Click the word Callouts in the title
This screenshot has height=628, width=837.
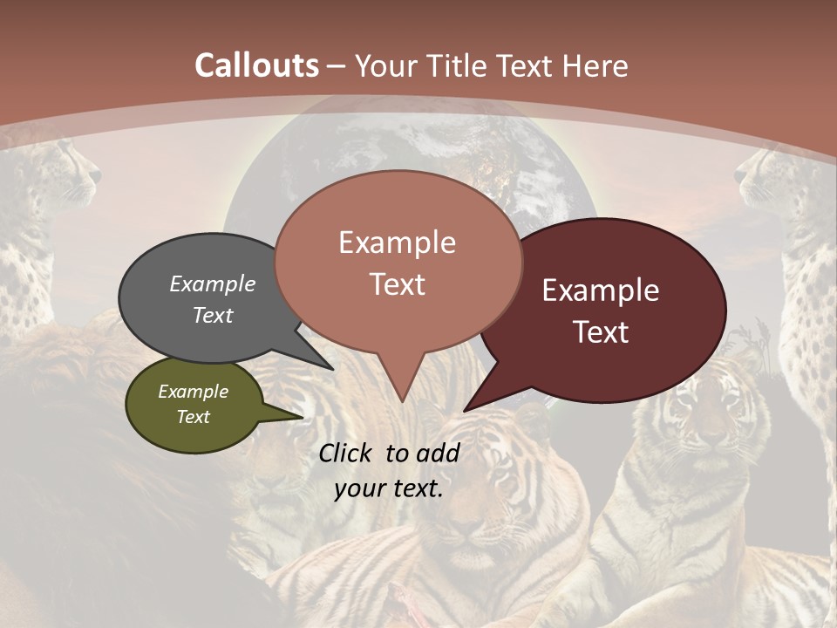click(256, 65)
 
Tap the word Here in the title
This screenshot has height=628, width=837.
click(595, 66)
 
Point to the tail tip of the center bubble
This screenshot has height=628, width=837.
click(402, 400)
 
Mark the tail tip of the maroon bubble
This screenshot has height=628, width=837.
click(465, 410)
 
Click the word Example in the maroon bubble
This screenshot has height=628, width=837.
click(601, 290)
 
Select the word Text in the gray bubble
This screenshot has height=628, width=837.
click(213, 315)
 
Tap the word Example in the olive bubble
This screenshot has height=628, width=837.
click(193, 392)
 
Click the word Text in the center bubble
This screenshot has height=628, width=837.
click(398, 284)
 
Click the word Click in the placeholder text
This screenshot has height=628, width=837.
click(348, 453)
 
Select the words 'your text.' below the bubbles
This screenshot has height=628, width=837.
click(389, 488)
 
